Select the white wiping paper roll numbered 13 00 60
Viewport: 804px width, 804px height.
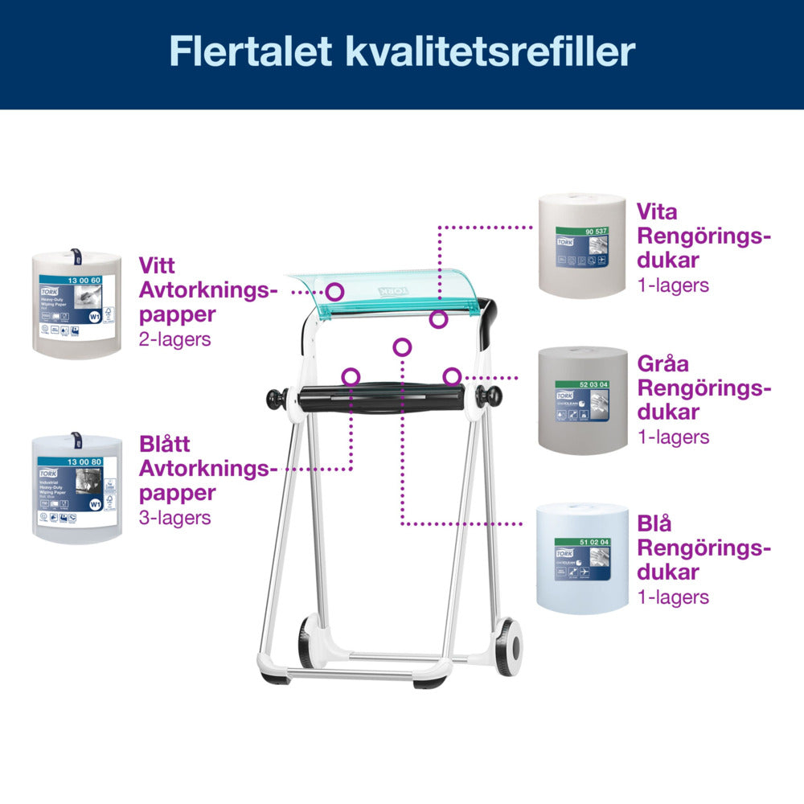76,304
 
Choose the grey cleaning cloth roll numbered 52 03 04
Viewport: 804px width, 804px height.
583,400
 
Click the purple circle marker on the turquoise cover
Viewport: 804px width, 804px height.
335,291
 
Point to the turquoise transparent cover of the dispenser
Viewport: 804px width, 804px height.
378,289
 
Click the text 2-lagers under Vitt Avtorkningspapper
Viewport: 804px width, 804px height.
174,339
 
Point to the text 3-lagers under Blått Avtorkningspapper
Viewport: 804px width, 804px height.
174,518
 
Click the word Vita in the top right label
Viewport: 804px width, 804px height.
657,212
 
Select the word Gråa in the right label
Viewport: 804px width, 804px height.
663,363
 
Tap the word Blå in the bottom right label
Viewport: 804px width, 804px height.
654,523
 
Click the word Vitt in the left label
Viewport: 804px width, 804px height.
157,265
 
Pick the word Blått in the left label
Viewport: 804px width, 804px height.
165,444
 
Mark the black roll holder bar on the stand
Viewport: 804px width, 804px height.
382,396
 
